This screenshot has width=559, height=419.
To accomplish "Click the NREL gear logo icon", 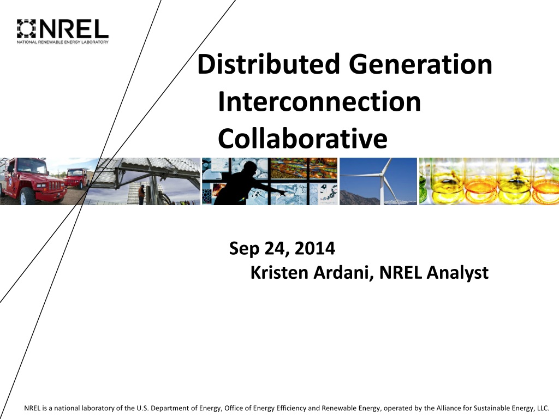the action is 27,28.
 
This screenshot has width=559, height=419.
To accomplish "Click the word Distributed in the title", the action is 269,64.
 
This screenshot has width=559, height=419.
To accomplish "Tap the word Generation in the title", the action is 420,64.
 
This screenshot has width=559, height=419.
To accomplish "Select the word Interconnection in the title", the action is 319,101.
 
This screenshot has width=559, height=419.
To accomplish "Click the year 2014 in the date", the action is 315,248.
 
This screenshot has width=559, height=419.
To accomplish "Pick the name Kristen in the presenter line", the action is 279,273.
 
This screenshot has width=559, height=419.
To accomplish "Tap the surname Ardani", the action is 344,273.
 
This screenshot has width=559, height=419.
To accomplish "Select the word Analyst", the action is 457,273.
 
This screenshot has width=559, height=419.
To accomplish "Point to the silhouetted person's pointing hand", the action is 282,193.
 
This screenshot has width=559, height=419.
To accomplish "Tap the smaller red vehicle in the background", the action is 77,178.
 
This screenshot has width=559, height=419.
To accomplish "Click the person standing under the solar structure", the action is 141,195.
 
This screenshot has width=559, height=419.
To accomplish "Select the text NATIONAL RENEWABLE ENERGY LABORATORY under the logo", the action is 62,42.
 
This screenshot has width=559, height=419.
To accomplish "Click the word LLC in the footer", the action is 542,408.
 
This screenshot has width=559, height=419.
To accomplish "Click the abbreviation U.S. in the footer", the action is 142,408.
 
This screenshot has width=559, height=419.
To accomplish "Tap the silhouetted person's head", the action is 249,167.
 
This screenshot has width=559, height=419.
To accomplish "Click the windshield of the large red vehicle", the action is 31,165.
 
